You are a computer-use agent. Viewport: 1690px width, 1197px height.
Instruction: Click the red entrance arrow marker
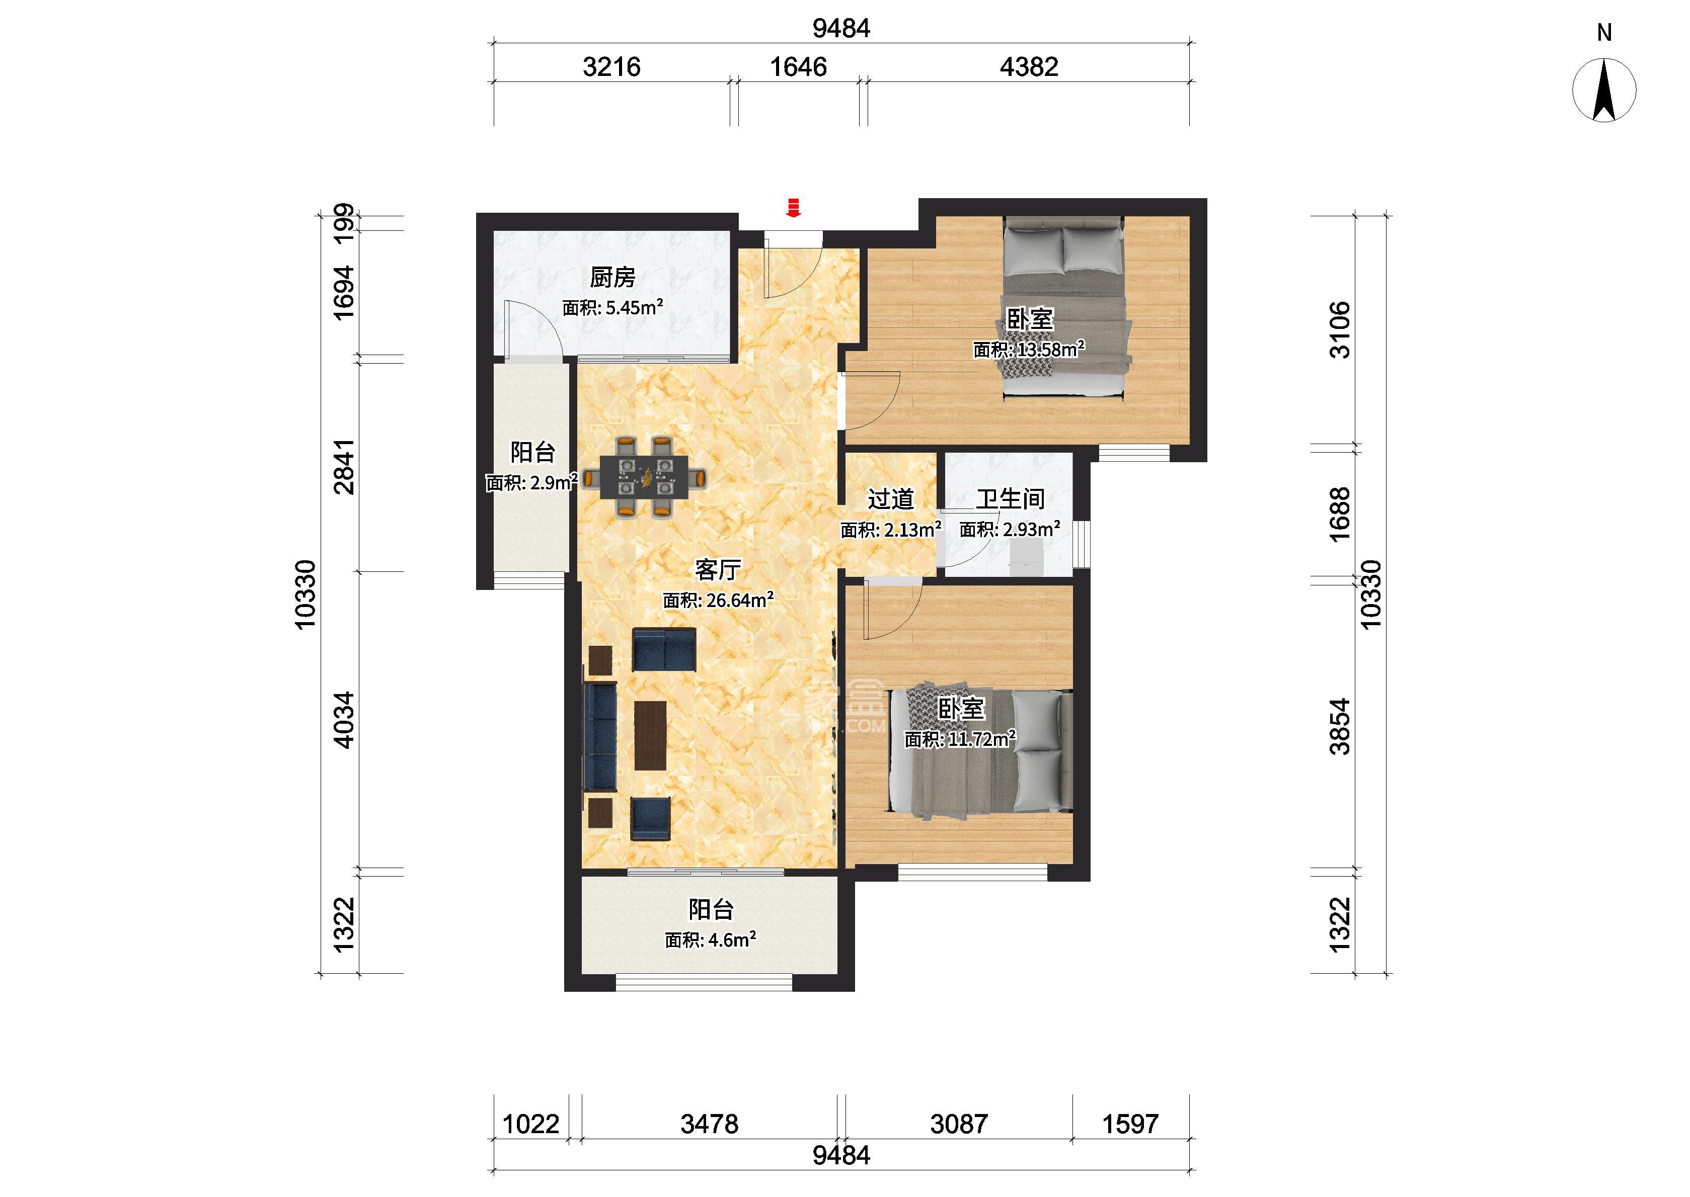coord(793,207)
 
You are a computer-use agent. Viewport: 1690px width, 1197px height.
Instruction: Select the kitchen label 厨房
coord(612,277)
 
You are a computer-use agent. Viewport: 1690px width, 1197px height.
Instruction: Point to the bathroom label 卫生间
coord(1011,499)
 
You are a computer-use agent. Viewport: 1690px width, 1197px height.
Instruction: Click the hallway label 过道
coord(891,499)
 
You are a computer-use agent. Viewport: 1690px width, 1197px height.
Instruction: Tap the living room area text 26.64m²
coord(739,600)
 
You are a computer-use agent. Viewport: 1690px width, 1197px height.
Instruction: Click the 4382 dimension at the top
coord(1029,67)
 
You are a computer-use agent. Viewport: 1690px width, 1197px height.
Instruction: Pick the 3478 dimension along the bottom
coord(709,1124)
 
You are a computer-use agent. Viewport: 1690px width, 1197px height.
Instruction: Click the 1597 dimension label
coord(1130,1124)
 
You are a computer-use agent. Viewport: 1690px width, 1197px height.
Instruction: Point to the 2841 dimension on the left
coord(344,467)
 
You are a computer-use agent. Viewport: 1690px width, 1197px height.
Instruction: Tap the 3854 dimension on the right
coord(1339,727)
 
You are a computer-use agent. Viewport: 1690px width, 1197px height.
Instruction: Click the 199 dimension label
coord(344,222)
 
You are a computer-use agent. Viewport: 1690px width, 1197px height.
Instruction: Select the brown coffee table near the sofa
coord(650,735)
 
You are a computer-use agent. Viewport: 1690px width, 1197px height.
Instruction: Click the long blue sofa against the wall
coord(600,736)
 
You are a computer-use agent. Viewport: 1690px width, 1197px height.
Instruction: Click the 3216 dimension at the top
coord(611,67)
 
